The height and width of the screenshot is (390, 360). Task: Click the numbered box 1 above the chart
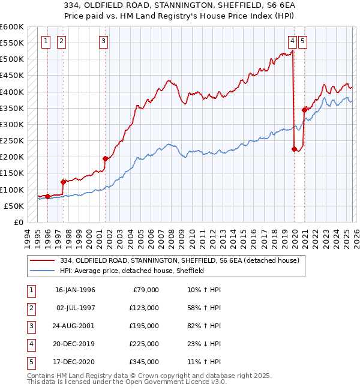tap(46, 41)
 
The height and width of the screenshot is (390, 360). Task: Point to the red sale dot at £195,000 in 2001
tap(106, 159)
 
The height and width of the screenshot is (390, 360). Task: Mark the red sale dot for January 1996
tap(47, 196)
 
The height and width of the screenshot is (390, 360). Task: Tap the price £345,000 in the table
tap(144, 362)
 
